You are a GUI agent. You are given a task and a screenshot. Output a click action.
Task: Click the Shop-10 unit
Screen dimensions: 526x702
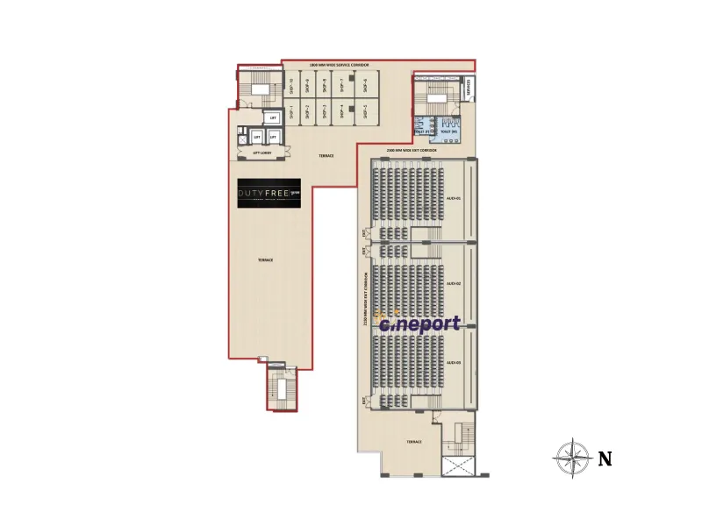click(x=290, y=86)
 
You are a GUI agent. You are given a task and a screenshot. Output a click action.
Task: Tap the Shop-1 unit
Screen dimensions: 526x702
click(x=290, y=111)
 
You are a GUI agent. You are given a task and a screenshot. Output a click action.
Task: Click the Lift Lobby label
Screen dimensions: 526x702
click(x=261, y=152)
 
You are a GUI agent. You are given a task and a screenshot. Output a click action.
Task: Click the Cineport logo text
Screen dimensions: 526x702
click(x=419, y=323)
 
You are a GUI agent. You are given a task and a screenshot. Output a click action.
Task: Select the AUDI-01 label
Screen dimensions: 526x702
click(x=453, y=198)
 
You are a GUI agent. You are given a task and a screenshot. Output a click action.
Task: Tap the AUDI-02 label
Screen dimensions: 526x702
click(x=453, y=284)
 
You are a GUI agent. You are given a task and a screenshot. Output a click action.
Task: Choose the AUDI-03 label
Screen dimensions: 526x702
click(x=453, y=361)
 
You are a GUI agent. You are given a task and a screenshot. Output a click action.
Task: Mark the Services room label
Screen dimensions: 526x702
click(x=469, y=87)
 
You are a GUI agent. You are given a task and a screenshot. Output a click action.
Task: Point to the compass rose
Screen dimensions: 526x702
click(x=572, y=457)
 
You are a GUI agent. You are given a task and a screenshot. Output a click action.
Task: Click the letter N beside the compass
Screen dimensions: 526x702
click(x=605, y=458)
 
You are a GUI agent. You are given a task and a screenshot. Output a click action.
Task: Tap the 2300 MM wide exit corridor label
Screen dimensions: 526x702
click(x=417, y=151)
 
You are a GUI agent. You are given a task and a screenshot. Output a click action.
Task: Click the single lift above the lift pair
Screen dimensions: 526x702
click(x=274, y=117)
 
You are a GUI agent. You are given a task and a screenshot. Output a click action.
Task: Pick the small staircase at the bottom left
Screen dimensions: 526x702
click(x=283, y=388)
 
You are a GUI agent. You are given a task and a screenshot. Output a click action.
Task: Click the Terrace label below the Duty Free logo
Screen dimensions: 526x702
click(x=265, y=260)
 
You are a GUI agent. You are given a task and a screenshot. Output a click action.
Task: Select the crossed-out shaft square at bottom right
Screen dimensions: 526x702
click(x=457, y=466)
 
